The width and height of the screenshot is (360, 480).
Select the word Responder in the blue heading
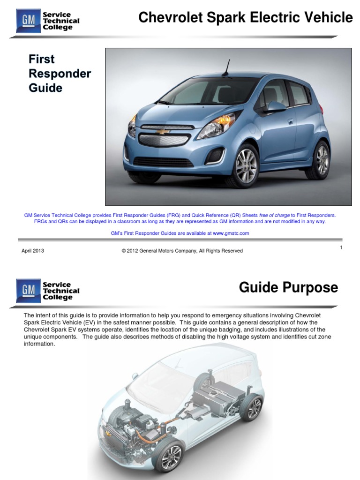[x=60, y=74]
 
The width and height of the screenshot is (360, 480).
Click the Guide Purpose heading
[x=288, y=287]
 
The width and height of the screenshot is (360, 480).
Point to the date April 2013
[x=33, y=251]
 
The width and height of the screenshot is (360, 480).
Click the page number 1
[x=341, y=247]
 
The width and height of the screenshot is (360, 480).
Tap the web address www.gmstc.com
[x=231, y=233]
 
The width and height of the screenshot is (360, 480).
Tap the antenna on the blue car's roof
[x=227, y=67]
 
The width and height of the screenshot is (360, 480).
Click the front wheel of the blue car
[x=245, y=165]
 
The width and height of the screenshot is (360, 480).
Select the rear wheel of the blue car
[x=321, y=161]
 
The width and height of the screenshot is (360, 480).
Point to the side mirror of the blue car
[x=276, y=107]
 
